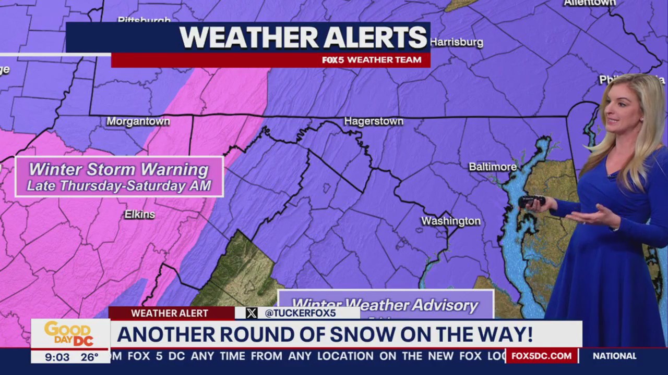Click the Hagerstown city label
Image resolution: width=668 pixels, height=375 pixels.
374,121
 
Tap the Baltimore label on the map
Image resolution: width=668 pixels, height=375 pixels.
493,167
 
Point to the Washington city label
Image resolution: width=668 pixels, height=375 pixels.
451,221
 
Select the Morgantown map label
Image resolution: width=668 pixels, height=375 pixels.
138,121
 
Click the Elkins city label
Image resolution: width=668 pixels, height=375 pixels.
139,215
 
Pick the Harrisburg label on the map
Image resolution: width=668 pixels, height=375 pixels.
457,42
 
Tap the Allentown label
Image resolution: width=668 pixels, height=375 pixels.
590,3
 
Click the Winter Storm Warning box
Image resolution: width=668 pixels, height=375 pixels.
120,177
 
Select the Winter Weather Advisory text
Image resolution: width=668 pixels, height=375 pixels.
385,305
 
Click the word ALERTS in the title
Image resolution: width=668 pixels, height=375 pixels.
374,37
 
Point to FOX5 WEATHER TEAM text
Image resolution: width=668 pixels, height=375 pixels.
372,60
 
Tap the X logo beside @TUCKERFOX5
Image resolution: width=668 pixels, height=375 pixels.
252,313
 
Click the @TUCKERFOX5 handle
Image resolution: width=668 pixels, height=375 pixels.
300,313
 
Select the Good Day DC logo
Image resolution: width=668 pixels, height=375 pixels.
69,333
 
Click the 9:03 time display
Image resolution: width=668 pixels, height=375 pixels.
57,357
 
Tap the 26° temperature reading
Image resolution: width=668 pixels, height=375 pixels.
89,357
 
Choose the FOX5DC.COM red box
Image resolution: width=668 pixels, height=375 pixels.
541,356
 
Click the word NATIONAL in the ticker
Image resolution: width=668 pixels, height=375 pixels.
614,356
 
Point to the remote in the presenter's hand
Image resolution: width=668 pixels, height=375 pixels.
532,201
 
